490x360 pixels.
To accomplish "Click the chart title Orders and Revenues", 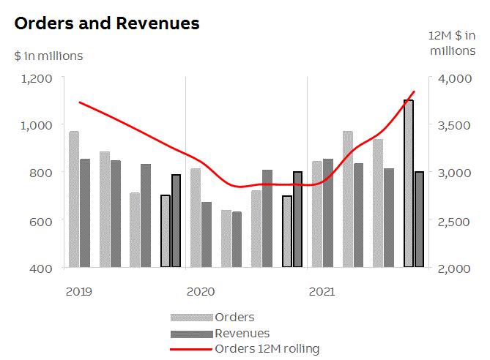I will click(107, 23).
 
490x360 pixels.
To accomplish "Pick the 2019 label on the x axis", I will click(78, 292).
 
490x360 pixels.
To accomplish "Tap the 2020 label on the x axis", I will click(201, 292).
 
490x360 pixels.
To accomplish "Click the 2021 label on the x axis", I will click(322, 292).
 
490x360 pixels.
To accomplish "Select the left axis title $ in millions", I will click(48, 56).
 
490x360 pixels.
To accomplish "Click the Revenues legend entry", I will click(242, 333).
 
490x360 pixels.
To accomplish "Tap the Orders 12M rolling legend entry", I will click(267, 348).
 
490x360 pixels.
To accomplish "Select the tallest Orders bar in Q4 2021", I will click(409, 183).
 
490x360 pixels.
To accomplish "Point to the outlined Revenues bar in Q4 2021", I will click(419, 220).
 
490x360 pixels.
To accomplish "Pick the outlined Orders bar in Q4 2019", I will click(166, 231).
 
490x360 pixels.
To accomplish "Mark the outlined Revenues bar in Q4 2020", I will click(297, 220).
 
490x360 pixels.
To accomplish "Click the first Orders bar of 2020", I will click(196, 217).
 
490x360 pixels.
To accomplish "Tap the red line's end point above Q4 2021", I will click(415, 92).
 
